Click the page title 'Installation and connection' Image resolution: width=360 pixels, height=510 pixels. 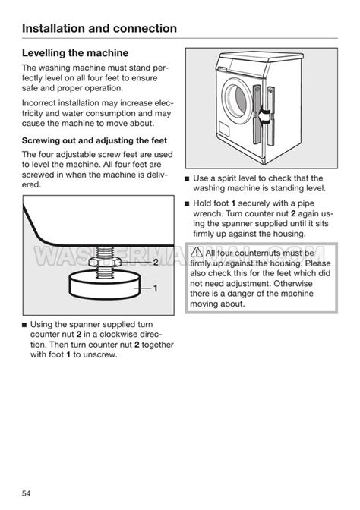[x=99, y=28]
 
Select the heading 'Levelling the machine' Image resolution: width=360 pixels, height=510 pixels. [x=75, y=53]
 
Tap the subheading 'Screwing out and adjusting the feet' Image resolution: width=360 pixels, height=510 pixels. [x=94, y=141]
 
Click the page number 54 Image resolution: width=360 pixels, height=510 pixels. [x=26, y=493]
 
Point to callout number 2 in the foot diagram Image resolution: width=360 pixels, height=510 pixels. [x=156, y=262]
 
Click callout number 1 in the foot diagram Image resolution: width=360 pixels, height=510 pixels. [x=156, y=288]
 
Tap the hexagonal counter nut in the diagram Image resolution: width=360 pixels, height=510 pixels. [x=105, y=262]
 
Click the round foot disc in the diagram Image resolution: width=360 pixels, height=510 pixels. [x=105, y=285]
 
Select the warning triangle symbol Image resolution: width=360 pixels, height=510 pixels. [x=197, y=252]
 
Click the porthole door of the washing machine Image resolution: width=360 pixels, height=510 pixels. [x=237, y=99]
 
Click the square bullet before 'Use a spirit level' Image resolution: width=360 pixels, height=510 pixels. [x=187, y=178]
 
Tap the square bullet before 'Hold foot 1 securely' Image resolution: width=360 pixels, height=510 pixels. [x=187, y=204]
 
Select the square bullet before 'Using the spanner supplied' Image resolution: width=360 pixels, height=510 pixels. [x=24, y=325]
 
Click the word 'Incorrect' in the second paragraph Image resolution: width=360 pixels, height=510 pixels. [x=39, y=103]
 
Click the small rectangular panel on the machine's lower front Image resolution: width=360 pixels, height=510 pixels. [x=224, y=130]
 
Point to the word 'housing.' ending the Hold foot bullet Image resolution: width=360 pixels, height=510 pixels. [x=289, y=235]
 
